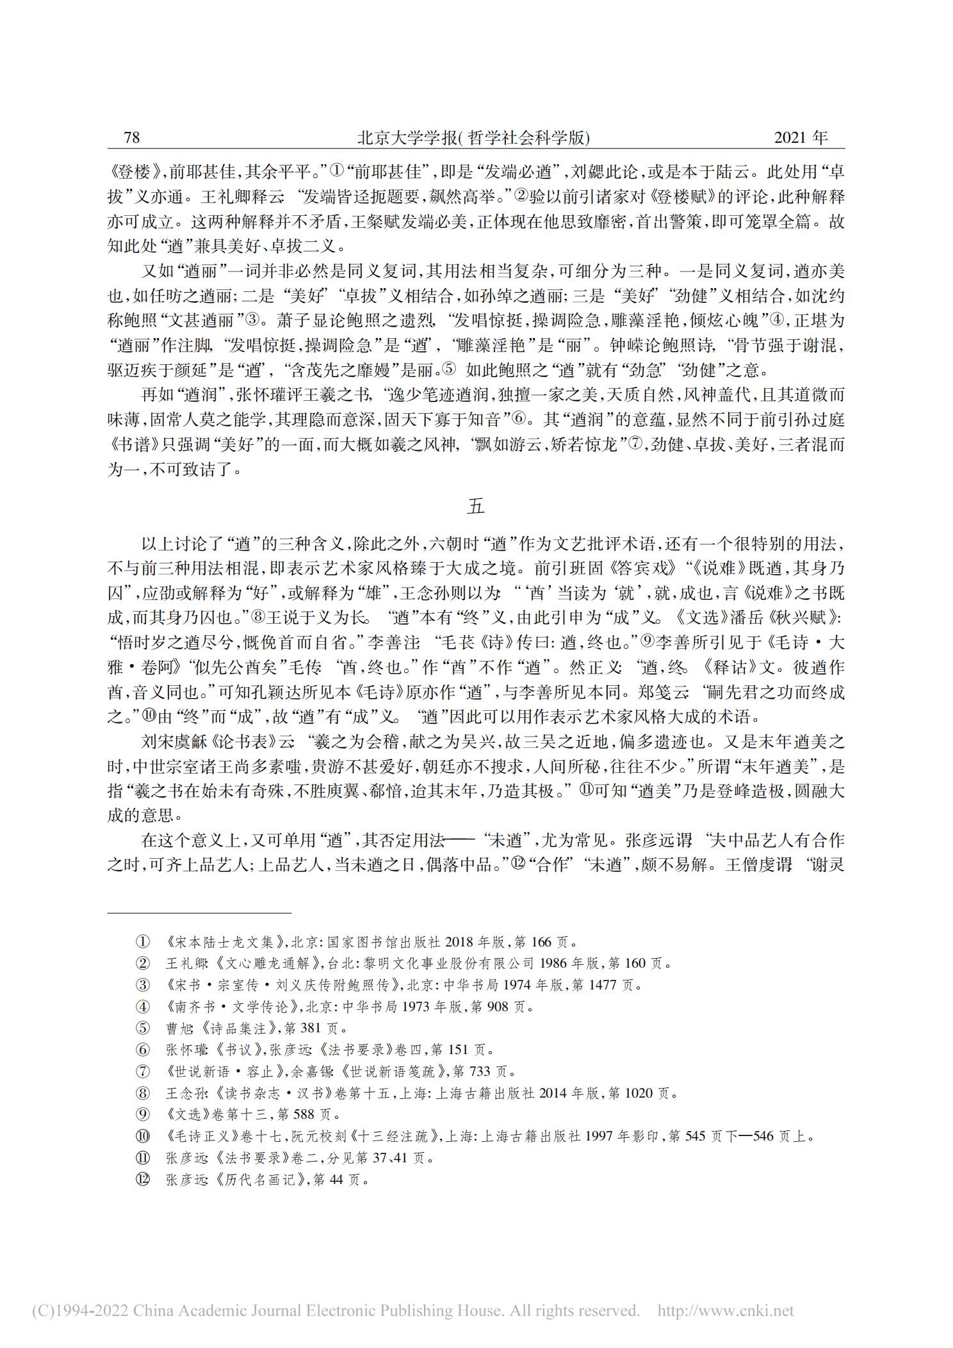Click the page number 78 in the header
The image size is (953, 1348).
pos(131,138)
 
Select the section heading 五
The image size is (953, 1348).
pos(476,507)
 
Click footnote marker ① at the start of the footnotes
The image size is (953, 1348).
pos(142,942)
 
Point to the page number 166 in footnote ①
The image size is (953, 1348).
pos(541,942)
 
